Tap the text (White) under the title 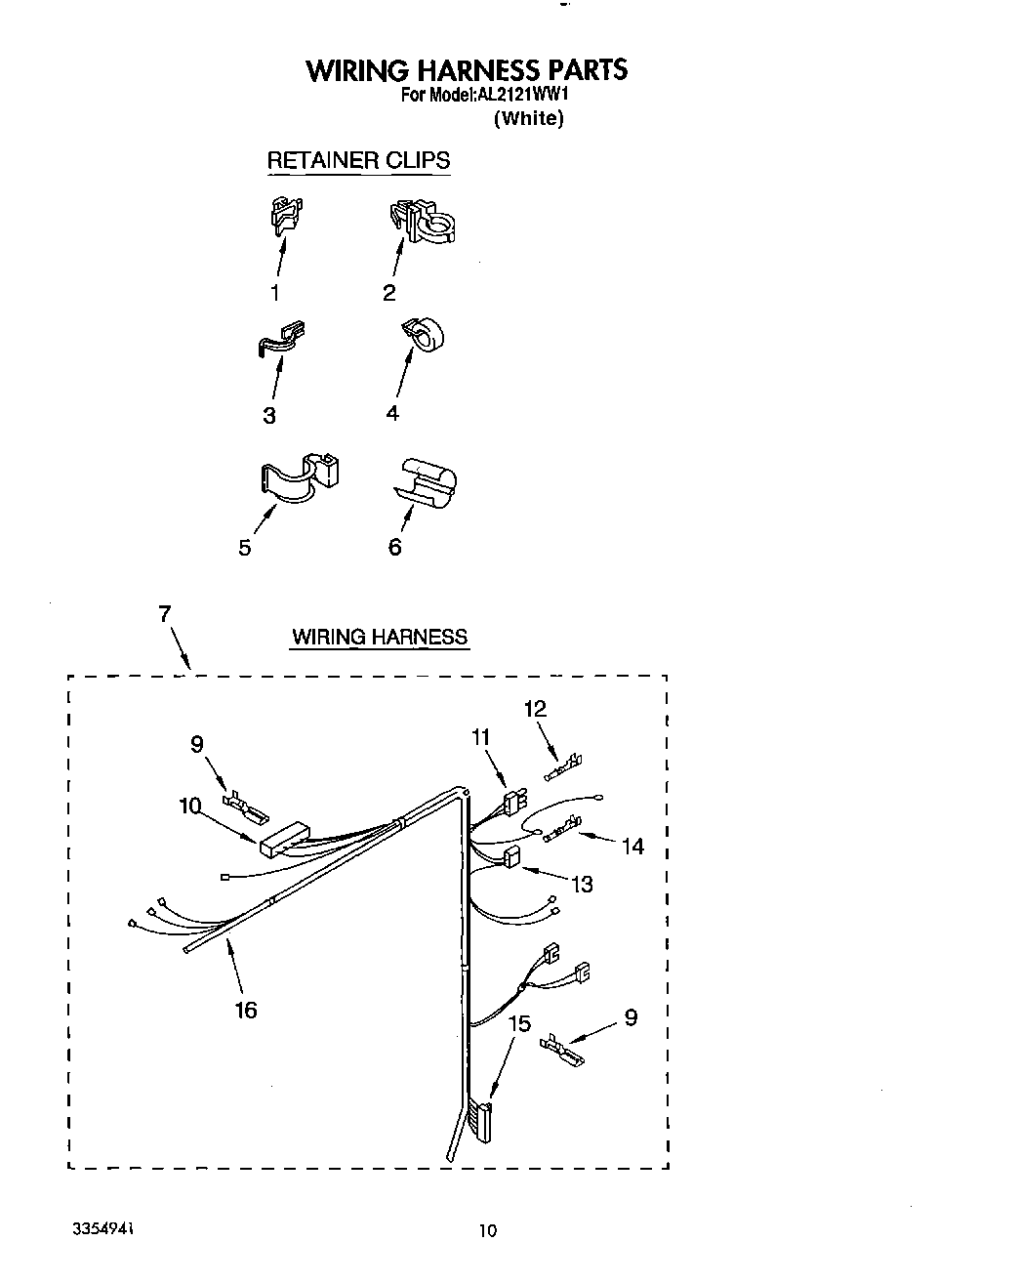pos(528,118)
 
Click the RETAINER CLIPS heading pos(358,160)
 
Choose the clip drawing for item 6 pos(428,482)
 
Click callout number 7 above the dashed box pos(165,614)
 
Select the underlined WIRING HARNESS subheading pos(380,638)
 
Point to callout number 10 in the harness pos(189,806)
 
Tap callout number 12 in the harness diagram pos(535,709)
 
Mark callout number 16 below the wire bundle pos(246,1010)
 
